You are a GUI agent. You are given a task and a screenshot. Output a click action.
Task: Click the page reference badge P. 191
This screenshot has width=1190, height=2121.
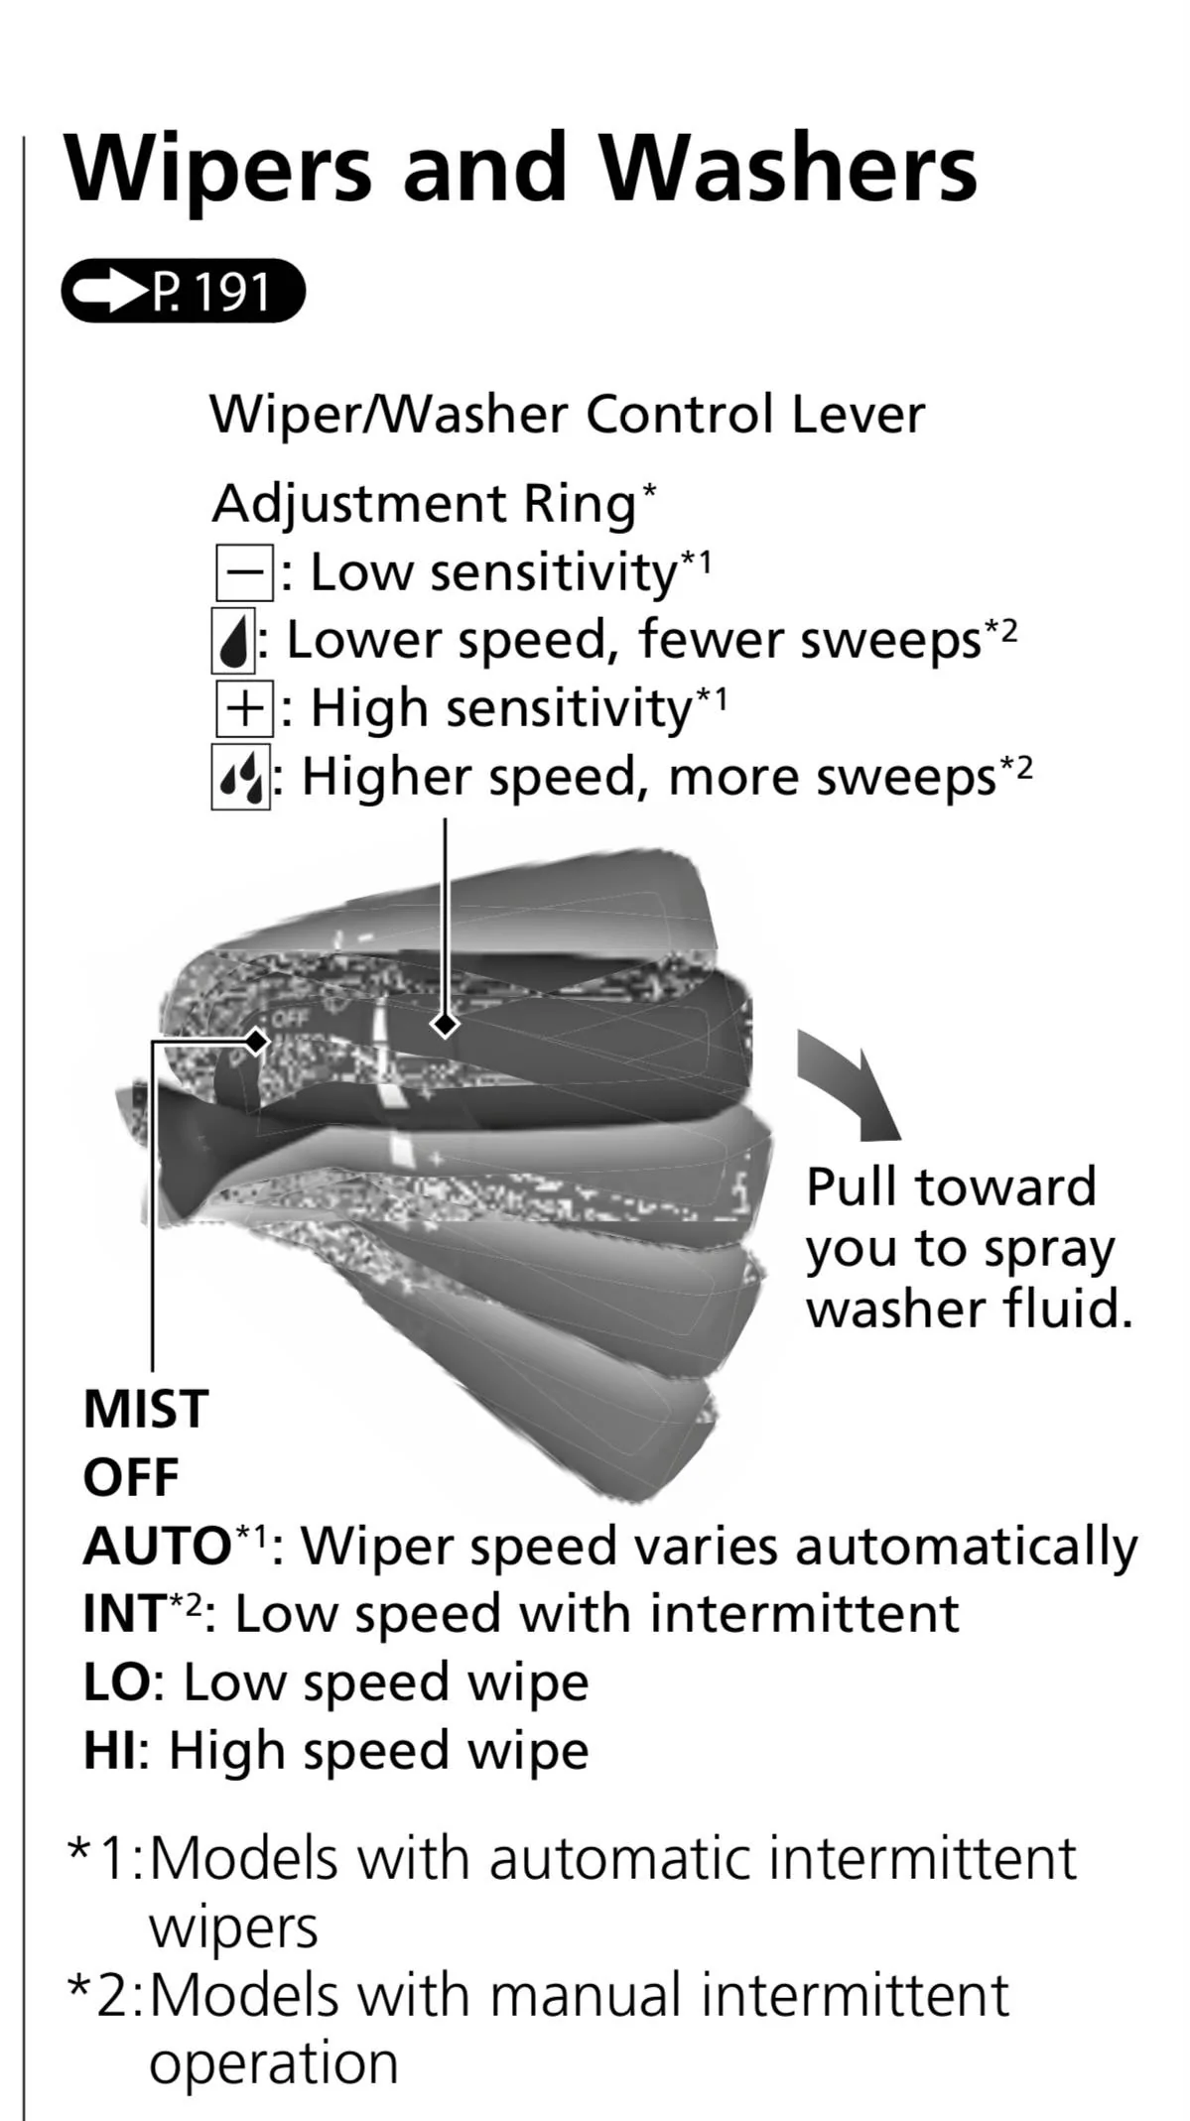coord(183,292)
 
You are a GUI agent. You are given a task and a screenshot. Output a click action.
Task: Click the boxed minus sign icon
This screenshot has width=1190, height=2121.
coord(243,572)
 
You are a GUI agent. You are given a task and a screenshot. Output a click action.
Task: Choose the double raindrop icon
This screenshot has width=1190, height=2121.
coord(240,778)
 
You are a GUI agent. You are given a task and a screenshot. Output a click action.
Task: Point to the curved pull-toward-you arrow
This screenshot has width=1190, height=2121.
coord(853,1084)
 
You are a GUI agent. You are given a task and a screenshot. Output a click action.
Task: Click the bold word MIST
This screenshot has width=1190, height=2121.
coord(146,1409)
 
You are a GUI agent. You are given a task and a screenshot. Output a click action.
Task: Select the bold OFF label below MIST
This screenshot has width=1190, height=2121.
coord(131,1477)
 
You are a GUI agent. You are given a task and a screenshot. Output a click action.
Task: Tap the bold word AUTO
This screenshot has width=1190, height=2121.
coord(157,1546)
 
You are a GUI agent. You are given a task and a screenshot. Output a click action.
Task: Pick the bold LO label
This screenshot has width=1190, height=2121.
coord(116,1682)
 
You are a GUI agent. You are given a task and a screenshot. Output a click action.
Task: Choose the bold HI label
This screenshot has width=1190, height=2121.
coord(109,1750)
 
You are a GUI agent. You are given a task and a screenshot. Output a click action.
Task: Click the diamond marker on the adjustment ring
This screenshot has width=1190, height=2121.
coord(445,1024)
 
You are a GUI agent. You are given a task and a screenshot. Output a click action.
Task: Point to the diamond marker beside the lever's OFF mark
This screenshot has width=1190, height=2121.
coord(258,1041)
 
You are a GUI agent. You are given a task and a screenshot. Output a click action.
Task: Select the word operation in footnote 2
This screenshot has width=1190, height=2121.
coord(274,2063)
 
